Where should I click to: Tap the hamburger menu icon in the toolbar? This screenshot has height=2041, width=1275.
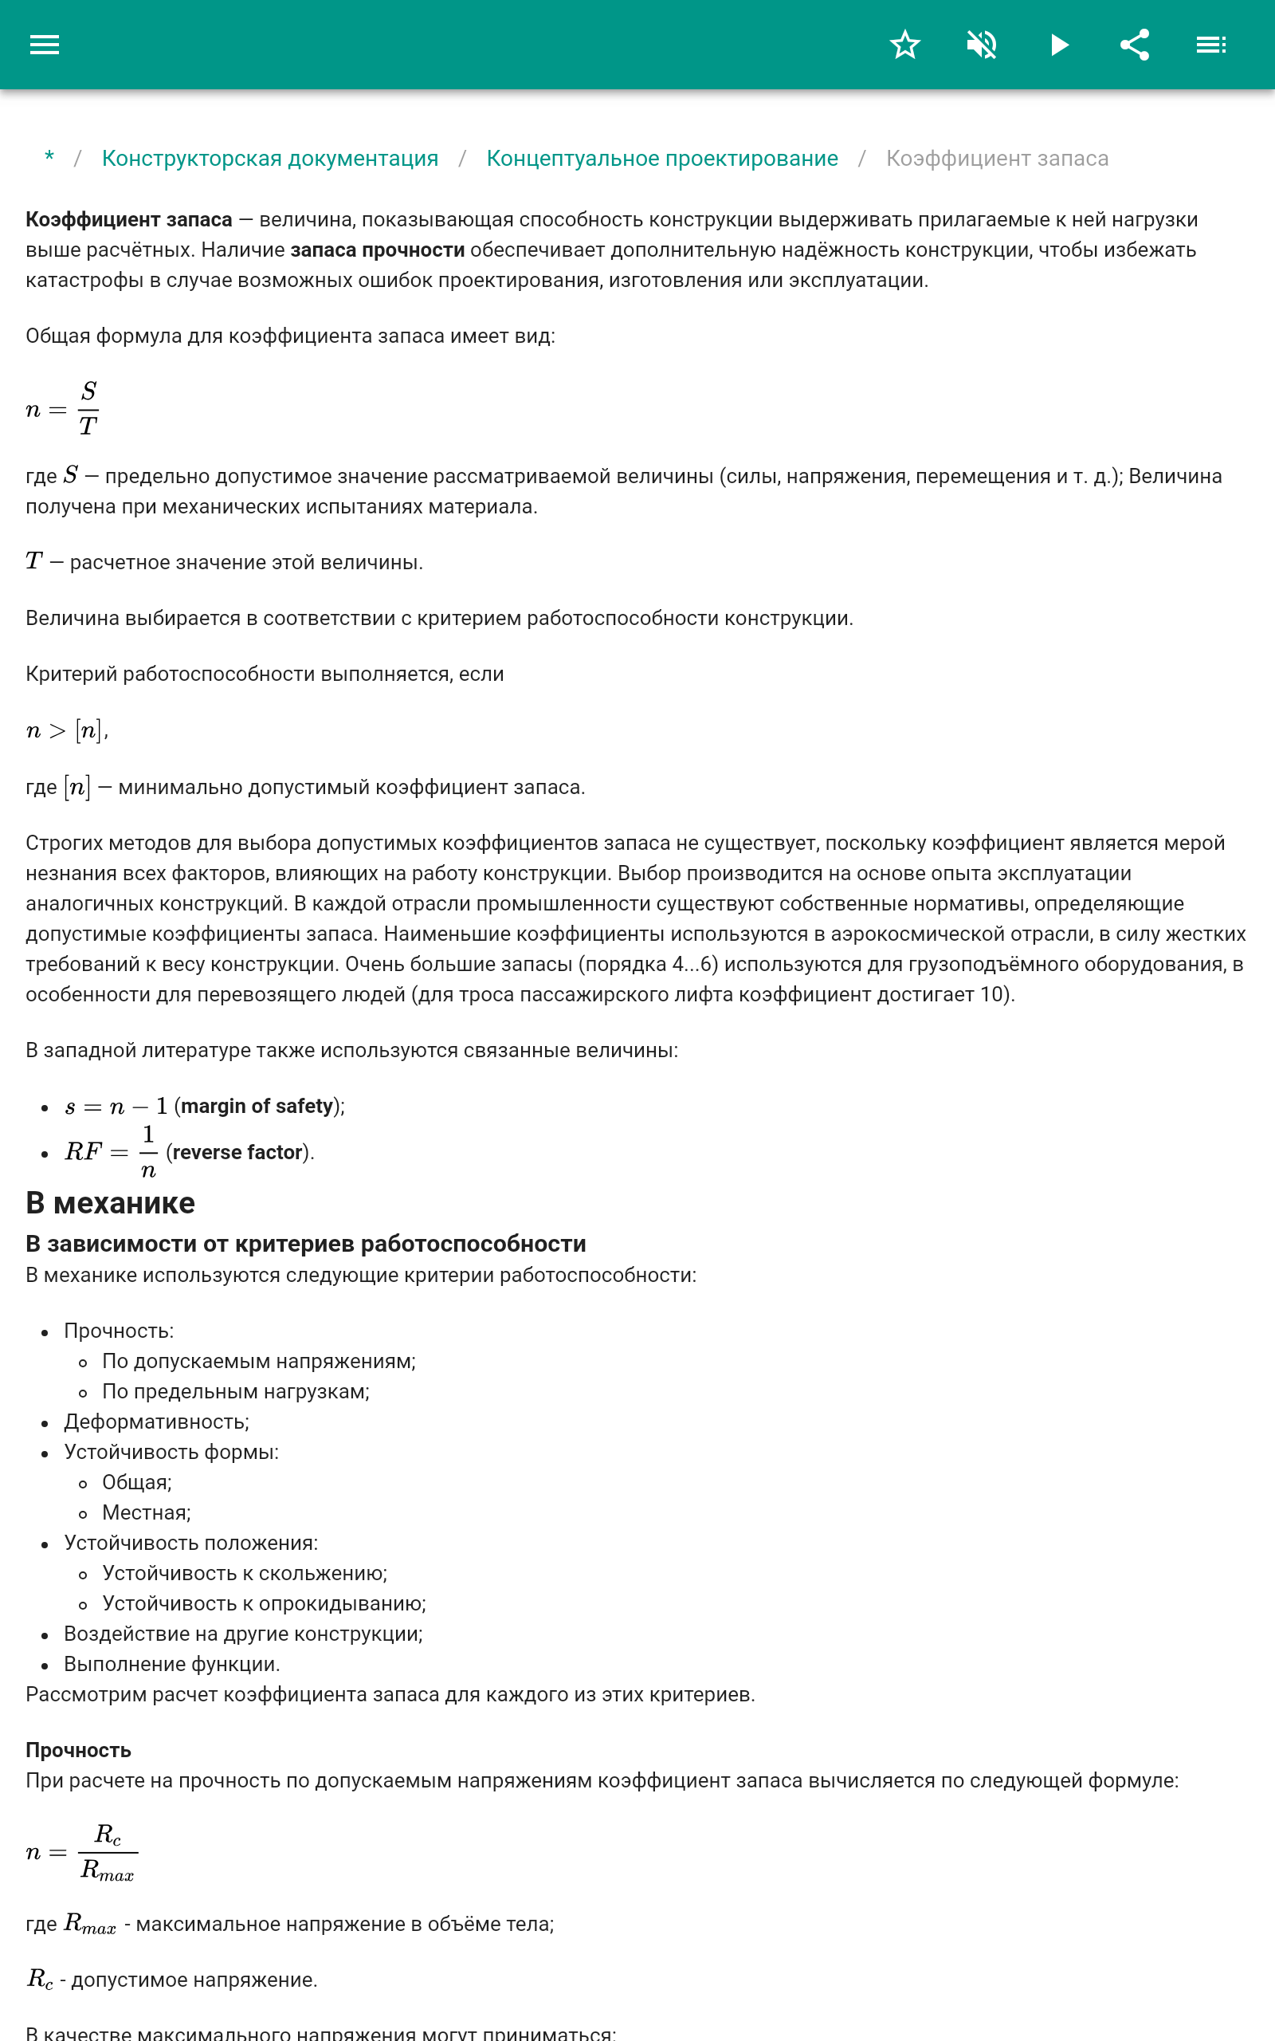45,45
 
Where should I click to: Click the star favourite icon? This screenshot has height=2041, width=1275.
904,45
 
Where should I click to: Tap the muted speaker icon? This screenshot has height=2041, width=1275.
982,45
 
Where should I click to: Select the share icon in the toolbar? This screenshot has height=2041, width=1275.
1135,45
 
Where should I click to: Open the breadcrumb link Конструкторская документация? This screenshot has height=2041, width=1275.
270,159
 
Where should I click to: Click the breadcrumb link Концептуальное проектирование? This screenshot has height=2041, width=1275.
662,159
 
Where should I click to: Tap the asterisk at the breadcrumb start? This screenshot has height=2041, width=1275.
49,158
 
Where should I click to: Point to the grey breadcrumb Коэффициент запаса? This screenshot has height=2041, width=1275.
997,159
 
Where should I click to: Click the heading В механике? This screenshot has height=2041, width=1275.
111,1202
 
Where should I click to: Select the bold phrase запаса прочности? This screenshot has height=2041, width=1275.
377,250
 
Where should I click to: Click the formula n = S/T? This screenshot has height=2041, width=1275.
62,409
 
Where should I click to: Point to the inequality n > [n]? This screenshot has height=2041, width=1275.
66,730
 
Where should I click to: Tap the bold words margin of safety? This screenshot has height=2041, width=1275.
257,1106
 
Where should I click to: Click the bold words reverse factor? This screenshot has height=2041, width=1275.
237,1152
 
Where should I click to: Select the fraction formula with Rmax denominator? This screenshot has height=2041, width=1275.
81,1852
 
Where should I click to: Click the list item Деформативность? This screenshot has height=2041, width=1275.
156,1422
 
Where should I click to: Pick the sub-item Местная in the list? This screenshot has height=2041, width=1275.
146,1513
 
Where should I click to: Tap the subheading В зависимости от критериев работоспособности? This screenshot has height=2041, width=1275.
305,1244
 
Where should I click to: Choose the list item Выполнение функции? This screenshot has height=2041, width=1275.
171,1664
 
